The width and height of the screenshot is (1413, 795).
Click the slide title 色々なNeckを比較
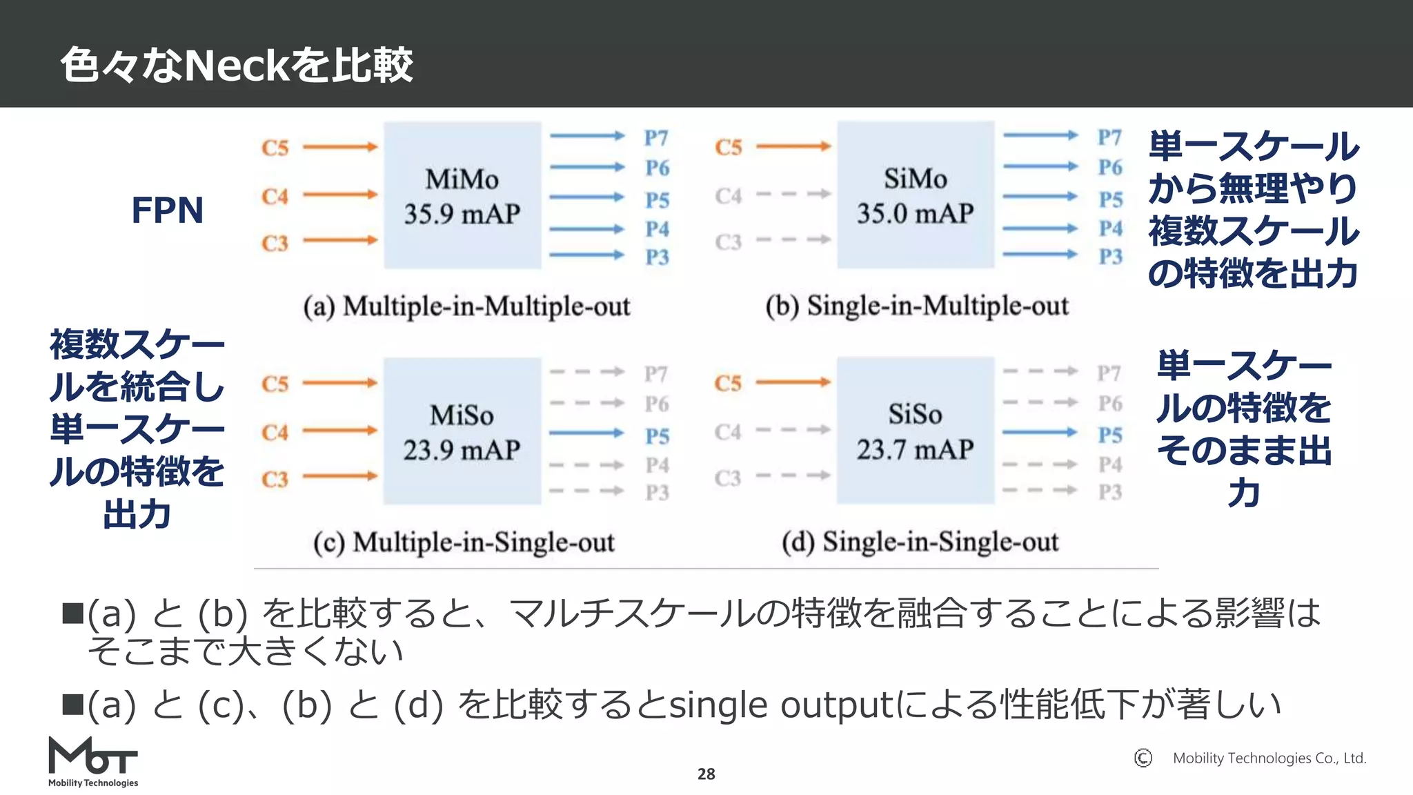pyautogui.click(x=237, y=66)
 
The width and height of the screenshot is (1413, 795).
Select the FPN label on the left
pyautogui.click(x=168, y=210)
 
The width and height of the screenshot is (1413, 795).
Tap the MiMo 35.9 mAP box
pyautogui.click(x=462, y=196)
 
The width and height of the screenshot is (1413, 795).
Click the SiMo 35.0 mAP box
pyautogui.click(x=916, y=195)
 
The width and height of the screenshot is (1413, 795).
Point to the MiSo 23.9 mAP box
pyautogui.click(x=462, y=432)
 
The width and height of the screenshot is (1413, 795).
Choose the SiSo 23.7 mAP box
pyautogui.click(x=916, y=431)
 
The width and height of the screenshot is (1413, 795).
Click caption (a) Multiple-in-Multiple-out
pyautogui.click(x=466, y=306)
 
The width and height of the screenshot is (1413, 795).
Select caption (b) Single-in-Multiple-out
pyautogui.click(x=917, y=306)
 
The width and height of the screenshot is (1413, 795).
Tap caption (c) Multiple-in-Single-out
pyautogui.click(x=464, y=542)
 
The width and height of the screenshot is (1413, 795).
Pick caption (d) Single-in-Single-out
pyautogui.click(x=920, y=542)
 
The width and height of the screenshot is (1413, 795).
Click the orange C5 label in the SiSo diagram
pyautogui.click(x=728, y=383)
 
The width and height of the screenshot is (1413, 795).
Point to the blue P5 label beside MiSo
pyautogui.click(x=658, y=436)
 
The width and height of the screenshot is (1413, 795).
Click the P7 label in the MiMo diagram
pyautogui.click(x=656, y=138)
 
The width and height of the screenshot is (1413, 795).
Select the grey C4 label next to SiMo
pyautogui.click(x=728, y=196)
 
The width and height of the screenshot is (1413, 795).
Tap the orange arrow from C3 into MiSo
pyautogui.click(x=340, y=476)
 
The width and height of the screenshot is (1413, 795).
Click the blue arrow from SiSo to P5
pyautogui.click(x=1040, y=433)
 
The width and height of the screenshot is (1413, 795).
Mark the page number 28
pyautogui.click(x=706, y=774)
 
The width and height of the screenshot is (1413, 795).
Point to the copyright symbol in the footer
pyautogui.click(x=1143, y=758)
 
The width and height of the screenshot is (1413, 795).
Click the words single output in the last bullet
pyautogui.click(x=782, y=705)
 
